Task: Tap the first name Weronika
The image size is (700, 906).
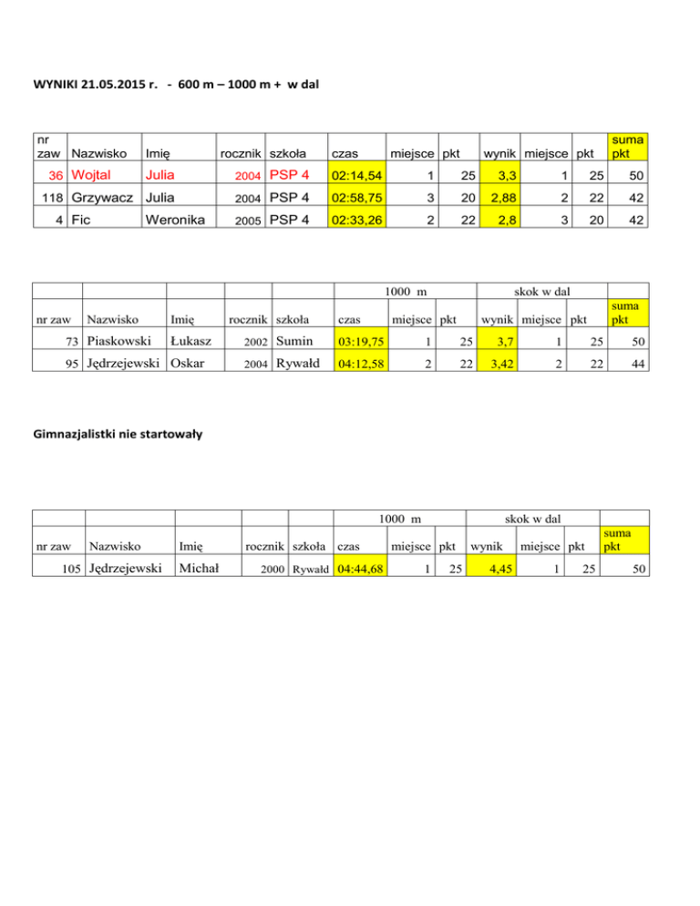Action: tap(177, 220)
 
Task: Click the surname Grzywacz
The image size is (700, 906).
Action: tap(101, 197)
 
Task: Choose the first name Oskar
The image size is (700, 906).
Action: tap(186, 365)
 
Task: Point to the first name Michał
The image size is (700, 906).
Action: tap(197, 570)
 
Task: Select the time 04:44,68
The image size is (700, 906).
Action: tap(360, 570)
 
